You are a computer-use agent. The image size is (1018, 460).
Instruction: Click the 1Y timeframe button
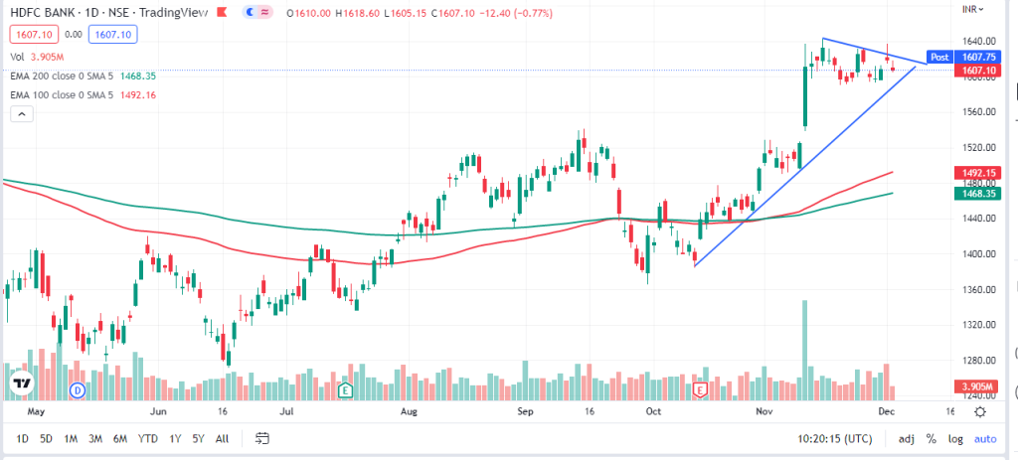[176, 438]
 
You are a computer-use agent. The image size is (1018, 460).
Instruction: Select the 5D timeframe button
[46, 438]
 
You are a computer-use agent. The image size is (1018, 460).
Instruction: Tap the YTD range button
[148, 438]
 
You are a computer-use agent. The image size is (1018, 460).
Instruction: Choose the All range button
[222, 438]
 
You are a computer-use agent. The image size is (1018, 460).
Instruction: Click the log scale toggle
[955, 438]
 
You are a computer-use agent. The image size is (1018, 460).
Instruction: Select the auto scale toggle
[984, 438]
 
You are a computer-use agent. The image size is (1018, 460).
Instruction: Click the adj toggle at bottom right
[906, 438]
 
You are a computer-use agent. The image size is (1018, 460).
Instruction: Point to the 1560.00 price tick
[980, 111]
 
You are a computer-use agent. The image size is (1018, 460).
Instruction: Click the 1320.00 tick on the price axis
[980, 325]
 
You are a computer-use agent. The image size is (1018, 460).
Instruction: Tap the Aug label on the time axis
[408, 410]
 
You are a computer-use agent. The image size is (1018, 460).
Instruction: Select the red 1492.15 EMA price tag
[980, 172]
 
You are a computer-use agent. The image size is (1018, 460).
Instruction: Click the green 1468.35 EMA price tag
[980, 195]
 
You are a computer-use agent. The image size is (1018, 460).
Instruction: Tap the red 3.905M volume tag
[980, 385]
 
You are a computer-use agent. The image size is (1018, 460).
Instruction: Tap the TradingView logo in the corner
[23, 383]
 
